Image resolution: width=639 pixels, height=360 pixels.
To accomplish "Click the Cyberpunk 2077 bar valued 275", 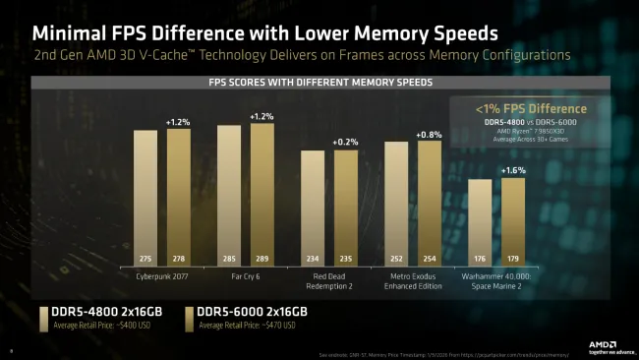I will [145, 197].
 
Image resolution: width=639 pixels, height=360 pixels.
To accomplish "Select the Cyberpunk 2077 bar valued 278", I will [178, 197].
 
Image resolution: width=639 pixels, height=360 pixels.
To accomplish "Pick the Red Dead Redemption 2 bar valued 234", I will [312, 207].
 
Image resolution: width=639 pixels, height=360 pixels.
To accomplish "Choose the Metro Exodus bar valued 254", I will [430, 203].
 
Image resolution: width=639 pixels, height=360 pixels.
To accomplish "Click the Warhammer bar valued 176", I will [480, 221].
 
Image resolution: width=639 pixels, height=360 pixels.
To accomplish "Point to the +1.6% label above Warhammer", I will [513, 170].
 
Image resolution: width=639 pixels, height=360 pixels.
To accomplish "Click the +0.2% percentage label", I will [345, 142].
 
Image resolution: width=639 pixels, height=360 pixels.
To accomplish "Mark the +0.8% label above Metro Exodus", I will [430, 134].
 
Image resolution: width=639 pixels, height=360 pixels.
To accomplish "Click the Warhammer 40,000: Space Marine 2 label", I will [496, 283].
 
